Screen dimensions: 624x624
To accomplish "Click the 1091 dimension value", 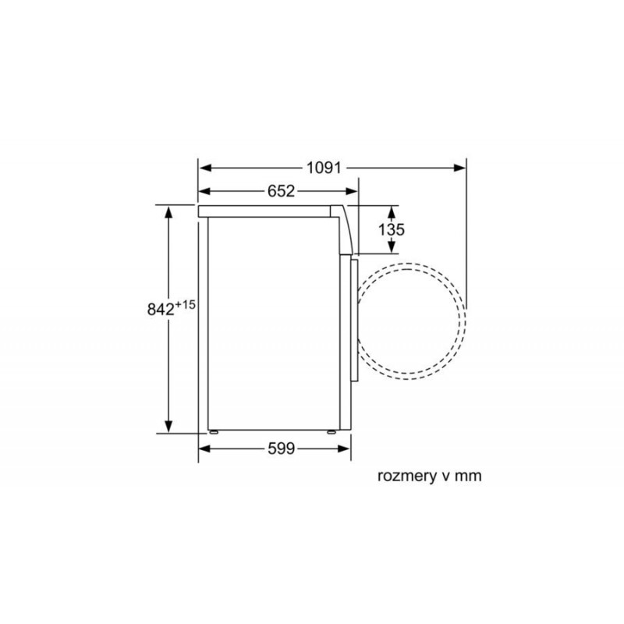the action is pyautogui.click(x=324, y=168).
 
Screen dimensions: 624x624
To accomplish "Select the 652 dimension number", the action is pyautogui.click(x=281, y=191).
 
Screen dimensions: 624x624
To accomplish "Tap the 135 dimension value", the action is pyautogui.click(x=392, y=229).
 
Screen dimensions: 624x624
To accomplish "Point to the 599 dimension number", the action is pyautogui.click(x=281, y=449).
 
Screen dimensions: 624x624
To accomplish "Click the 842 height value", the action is pyautogui.click(x=161, y=309).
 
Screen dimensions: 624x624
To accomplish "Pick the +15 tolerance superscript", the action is pyautogui.click(x=186, y=305).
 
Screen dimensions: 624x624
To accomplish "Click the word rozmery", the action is pyautogui.click(x=406, y=476).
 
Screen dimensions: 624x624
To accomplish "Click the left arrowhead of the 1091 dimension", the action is pyautogui.click(x=205, y=168).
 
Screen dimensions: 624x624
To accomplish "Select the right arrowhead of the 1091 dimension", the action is pyautogui.click(x=459, y=168).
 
